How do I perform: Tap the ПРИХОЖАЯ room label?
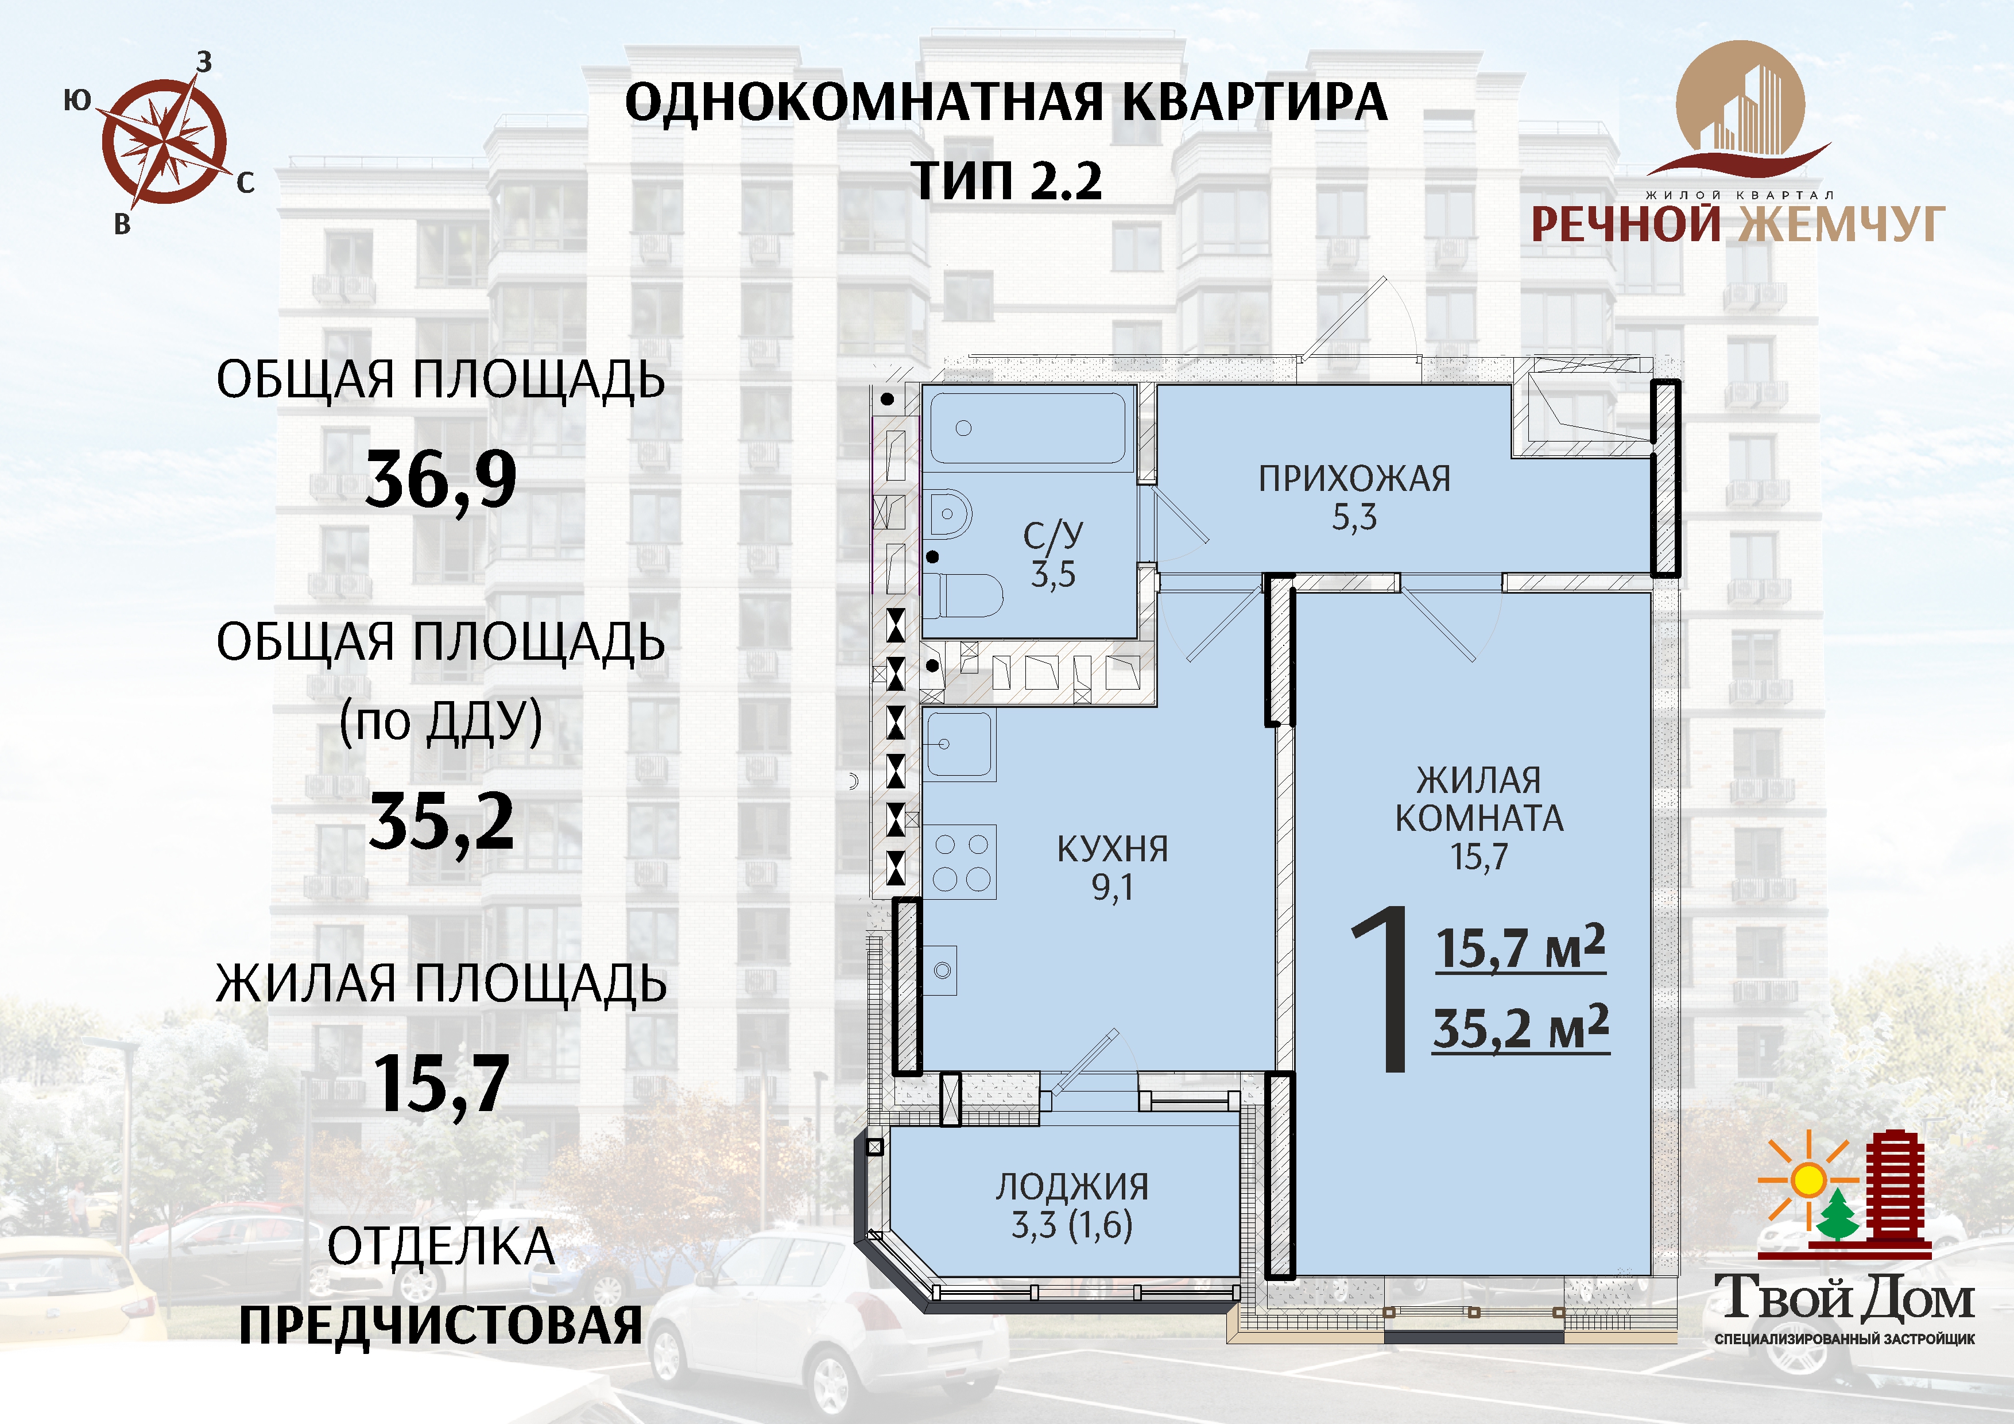pyautogui.click(x=1354, y=479)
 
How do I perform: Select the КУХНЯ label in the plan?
pyautogui.click(x=1112, y=849)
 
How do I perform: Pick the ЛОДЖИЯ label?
pyautogui.click(x=1072, y=1187)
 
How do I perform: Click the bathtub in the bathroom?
pyautogui.click(x=1027, y=428)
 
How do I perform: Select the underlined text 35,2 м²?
pyautogui.click(x=1521, y=1028)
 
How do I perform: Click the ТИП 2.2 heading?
pyautogui.click(x=1007, y=181)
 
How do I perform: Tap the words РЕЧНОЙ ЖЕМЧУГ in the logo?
pyautogui.click(x=1738, y=225)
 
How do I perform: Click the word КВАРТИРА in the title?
pyautogui.click(x=1255, y=103)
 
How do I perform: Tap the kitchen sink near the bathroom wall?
pyautogui.click(x=959, y=744)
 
